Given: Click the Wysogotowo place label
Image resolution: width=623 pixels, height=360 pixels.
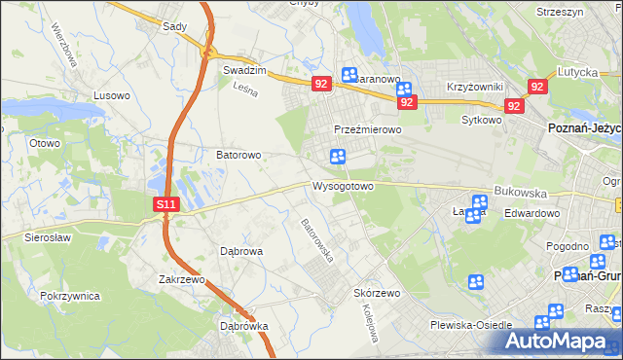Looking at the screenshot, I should (343, 186).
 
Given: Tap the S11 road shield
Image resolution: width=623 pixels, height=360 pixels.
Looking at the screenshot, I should (166, 204).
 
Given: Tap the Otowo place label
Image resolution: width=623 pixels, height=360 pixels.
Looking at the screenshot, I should (45, 143).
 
